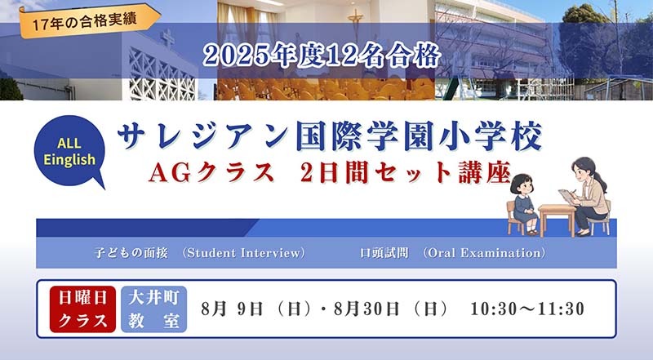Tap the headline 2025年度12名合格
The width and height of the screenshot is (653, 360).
point(322,56)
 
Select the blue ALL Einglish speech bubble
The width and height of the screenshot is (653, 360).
point(70,152)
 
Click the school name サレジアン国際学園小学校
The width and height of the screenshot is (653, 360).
point(330,136)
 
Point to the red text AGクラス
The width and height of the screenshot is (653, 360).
point(211,172)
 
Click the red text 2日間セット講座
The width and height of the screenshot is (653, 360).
point(405,172)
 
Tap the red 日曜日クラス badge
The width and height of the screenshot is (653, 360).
point(82,309)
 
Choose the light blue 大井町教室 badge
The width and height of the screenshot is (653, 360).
point(154,309)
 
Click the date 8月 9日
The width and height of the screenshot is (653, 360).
point(232,309)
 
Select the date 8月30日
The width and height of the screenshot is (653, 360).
point(366,309)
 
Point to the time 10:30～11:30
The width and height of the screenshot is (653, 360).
point(527,309)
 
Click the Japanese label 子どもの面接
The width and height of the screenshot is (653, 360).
point(131,253)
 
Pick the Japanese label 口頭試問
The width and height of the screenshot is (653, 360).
point(384,253)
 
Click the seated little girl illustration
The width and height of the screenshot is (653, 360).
point(523,204)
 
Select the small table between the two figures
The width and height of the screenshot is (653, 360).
point(557,219)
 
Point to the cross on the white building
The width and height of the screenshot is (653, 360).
point(167,38)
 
